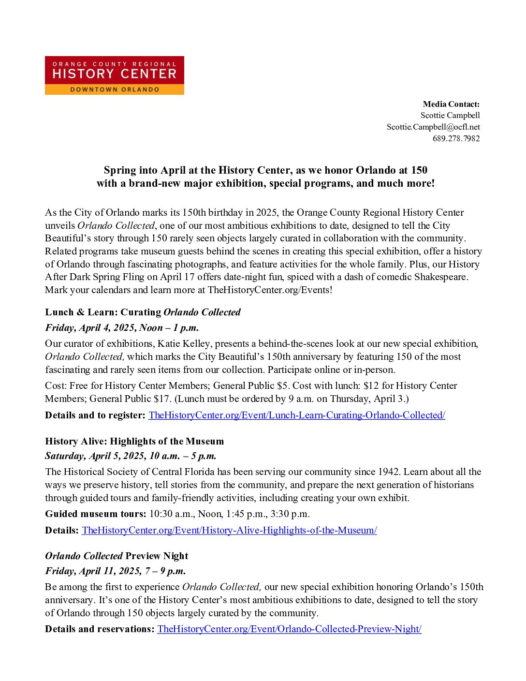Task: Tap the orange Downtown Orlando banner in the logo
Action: click(x=114, y=89)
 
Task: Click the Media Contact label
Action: click(x=451, y=104)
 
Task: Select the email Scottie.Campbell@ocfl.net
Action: click(x=433, y=127)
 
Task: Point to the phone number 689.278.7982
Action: click(x=456, y=138)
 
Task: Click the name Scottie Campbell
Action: click(x=450, y=115)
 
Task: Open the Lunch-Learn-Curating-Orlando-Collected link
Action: click(x=296, y=415)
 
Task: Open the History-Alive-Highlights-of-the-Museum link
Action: click(x=229, y=530)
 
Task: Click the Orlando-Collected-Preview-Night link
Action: click(x=289, y=629)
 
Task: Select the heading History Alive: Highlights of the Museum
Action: click(x=134, y=441)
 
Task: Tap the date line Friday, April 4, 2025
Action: click(x=122, y=327)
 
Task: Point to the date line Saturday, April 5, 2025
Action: click(x=131, y=456)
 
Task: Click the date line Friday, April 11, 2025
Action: click(x=115, y=571)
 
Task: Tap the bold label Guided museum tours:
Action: click(x=95, y=514)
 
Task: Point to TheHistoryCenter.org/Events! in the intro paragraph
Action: click(x=270, y=290)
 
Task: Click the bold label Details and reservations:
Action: click(x=100, y=629)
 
